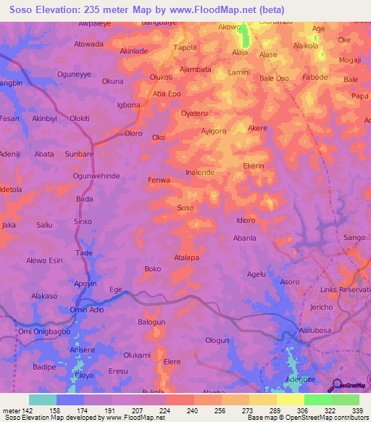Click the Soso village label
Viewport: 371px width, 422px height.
[x=185, y=208]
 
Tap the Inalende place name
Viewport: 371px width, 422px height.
[x=200, y=173]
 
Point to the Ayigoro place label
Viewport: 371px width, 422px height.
[x=215, y=131]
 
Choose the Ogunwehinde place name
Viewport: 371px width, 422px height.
[x=96, y=176]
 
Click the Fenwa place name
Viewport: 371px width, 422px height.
[x=159, y=180]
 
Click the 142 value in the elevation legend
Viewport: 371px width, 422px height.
[x=29, y=410]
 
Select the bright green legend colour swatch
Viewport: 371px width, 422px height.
[x=317, y=400]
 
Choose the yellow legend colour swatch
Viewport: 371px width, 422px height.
[x=290, y=400]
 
